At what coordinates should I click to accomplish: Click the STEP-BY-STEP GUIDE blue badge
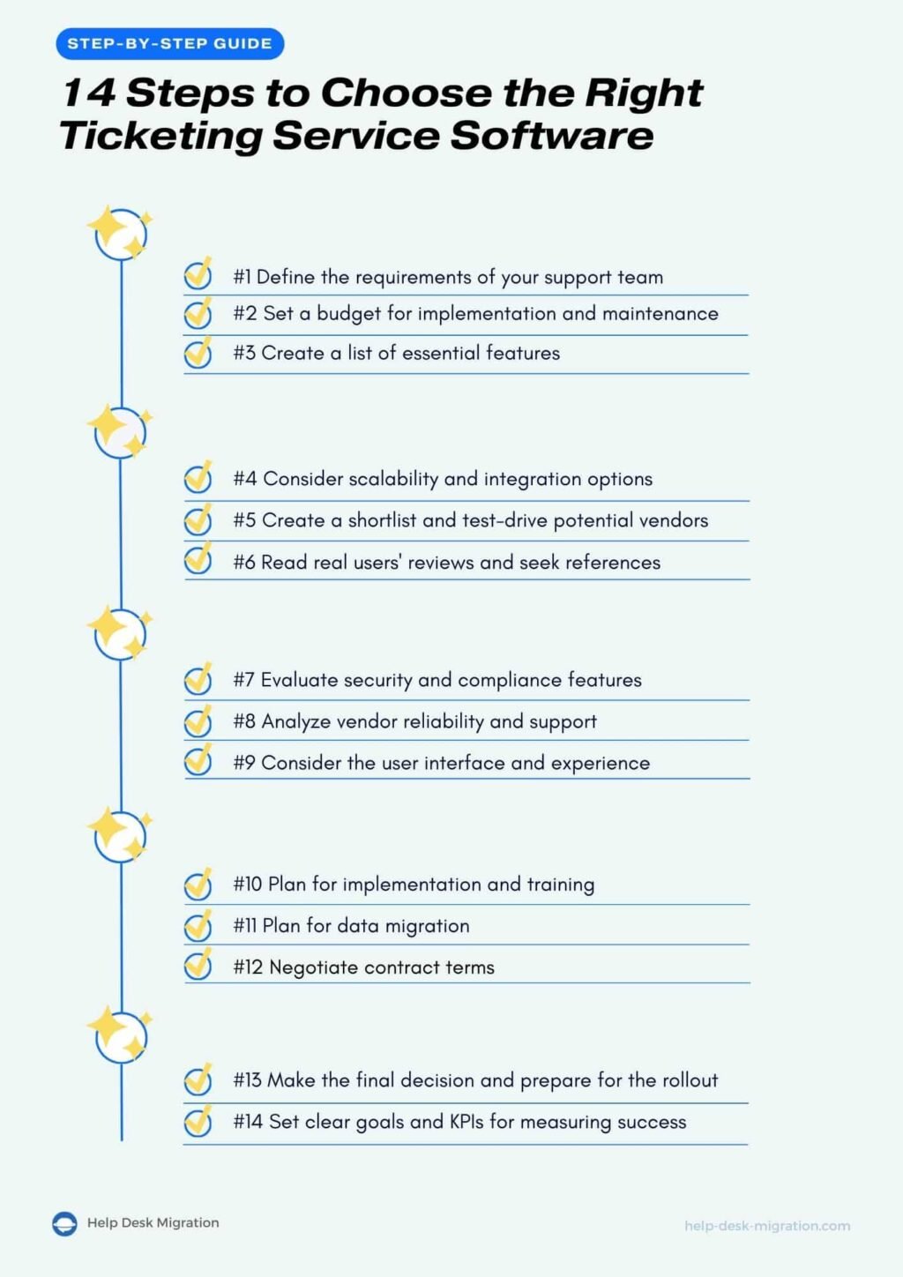[169, 43]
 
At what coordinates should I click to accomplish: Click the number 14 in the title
[88, 93]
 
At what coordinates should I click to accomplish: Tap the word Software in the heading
[552, 136]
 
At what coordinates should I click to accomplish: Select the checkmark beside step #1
[198, 275]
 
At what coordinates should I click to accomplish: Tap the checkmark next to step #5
[198, 520]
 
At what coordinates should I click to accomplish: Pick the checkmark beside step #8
[198, 721]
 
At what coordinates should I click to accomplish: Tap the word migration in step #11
[427, 926]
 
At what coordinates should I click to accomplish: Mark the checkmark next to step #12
[198, 966]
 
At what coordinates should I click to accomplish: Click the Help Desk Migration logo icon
[64, 1224]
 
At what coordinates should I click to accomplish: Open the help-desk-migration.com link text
[766, 1226]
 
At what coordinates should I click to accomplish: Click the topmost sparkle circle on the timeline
[121, 234]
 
